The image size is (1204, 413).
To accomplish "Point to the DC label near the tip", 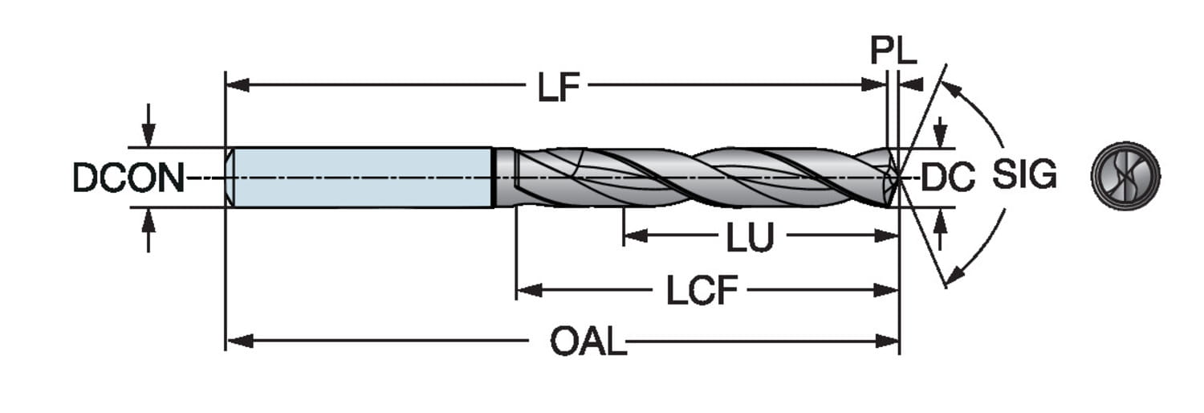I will pyautogui.click(x=947, y=178).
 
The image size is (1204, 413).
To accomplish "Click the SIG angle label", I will pyautogui.click(x=1024, y=175).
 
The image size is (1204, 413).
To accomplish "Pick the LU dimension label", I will pyautogui.click(x=750, y=237).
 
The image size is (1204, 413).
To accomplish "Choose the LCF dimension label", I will pyautogui.click(x=701, y=291).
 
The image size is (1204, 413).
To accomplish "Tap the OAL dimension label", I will pyautogui.click(x=588, y=343).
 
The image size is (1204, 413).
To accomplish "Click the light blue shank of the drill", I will pyautogui.click(x=361, y=178).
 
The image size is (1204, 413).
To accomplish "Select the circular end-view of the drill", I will pyautogui.click(x=1125, y=176).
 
